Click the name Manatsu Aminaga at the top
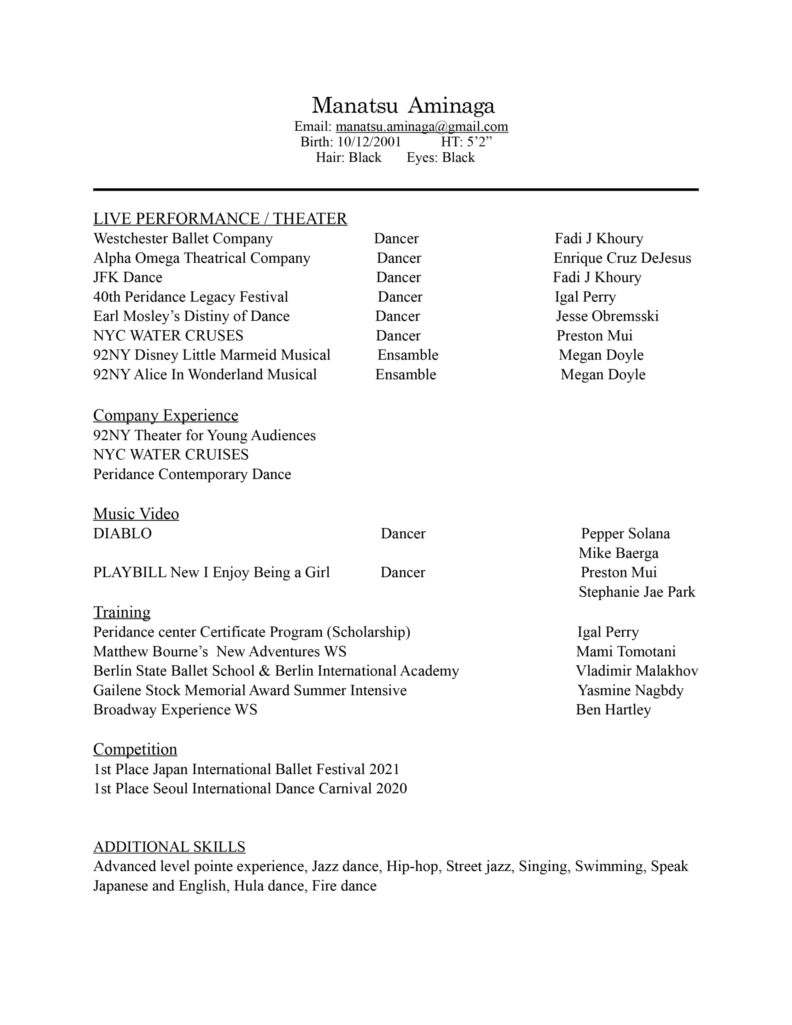[x=403, y=105]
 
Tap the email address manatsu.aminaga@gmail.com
[x=422, y=126]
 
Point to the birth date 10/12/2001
[x=369, y=142]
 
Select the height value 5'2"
[x=479, y=142]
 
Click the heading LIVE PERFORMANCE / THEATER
[x=220, y=219]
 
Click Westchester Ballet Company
[x=183, y=238]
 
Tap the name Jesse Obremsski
[x=607, y=316]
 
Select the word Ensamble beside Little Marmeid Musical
[x=408, y=355]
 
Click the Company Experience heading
[x=165, y=415]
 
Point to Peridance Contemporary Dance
[x=192, y=474]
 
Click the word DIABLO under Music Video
[x=122, y=534]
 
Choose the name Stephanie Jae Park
[x=636, y=592]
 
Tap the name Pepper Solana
[x=625, y=534]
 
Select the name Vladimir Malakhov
[x=636, y=671]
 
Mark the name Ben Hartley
[x=613, y=709]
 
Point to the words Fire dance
[x=344, y=886]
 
